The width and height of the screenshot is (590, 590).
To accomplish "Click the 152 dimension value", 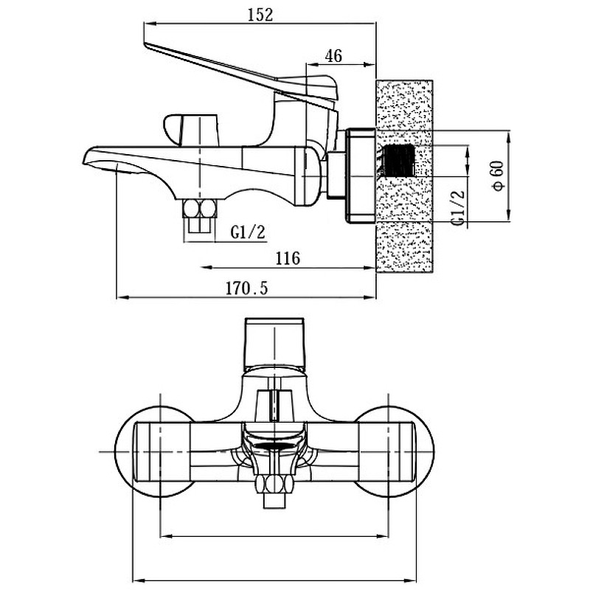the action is point(260,15).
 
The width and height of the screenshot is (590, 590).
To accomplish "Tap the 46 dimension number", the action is point(333,57).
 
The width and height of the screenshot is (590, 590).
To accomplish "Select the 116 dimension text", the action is point(288,259).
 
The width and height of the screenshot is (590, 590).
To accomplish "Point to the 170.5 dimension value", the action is point(246,288).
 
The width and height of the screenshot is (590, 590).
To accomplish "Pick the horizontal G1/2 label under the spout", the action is point(248,232).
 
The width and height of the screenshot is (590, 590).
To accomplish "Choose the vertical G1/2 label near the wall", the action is point(458,207).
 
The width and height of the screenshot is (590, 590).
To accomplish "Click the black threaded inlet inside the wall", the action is point(398,160).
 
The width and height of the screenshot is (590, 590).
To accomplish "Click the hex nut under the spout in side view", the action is point(200,209).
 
